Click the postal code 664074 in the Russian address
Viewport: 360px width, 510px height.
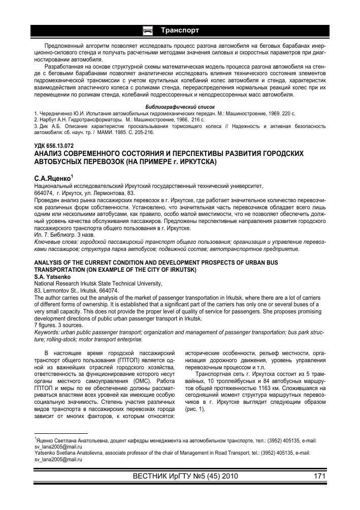click(x=44, y=194)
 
